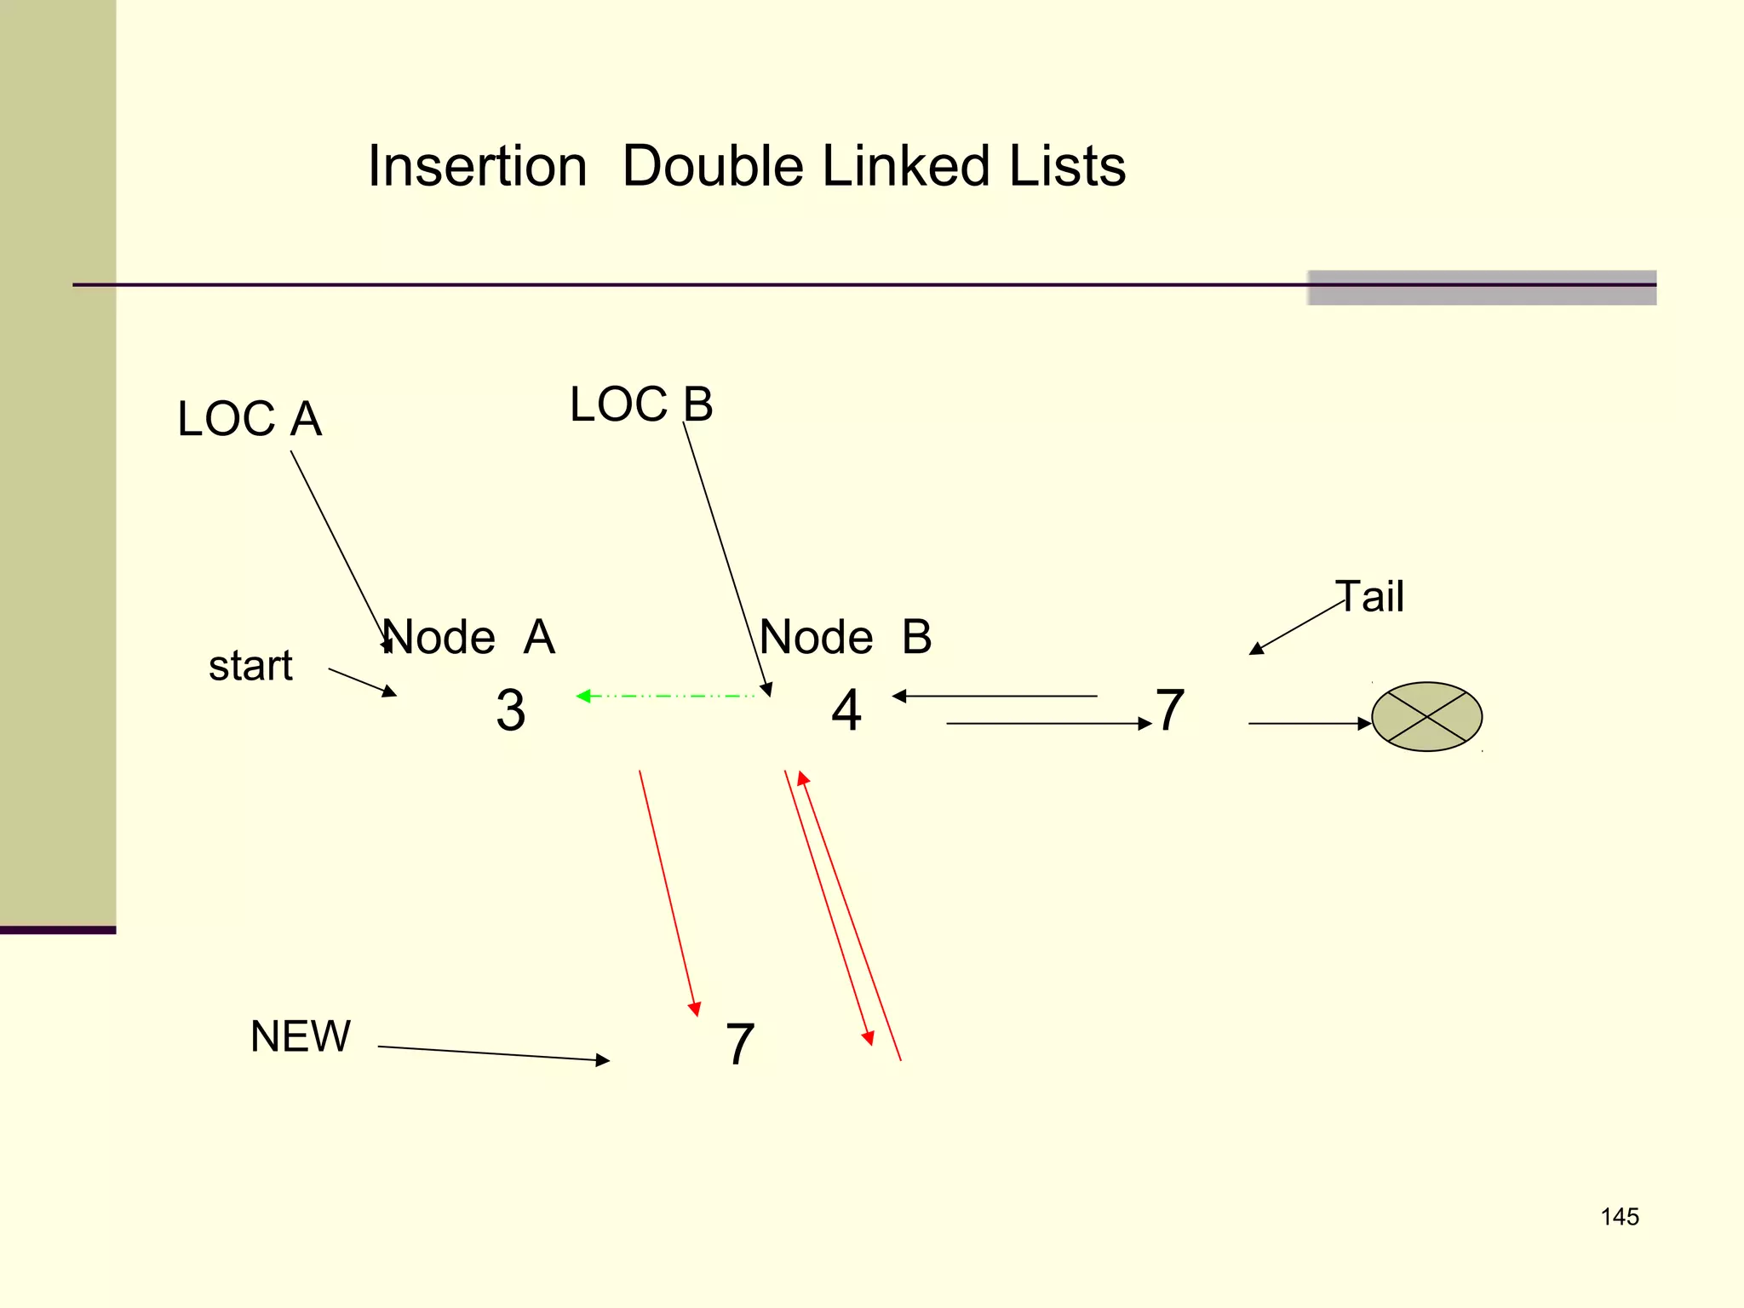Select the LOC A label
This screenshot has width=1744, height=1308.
250,419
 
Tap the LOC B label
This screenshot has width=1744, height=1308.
641,404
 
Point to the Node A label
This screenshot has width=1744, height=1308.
468,637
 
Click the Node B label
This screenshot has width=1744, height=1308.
846,637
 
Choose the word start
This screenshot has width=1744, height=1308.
250,665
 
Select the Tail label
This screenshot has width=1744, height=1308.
1369,596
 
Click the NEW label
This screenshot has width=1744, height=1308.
300,1036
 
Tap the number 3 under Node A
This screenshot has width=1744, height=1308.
510,710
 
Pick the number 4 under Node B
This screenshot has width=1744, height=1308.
846,710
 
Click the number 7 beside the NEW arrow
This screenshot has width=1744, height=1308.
739,1044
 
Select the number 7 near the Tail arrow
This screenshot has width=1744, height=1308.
1170,710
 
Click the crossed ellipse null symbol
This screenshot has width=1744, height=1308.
1426,717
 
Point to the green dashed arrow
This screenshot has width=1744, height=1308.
666,697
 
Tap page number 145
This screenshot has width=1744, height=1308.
1619,1217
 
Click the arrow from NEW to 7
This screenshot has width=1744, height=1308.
494,1053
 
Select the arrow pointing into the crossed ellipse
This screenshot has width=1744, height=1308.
1310,724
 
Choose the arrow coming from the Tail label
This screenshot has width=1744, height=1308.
1296,628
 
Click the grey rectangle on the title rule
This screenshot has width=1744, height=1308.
1482,288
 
